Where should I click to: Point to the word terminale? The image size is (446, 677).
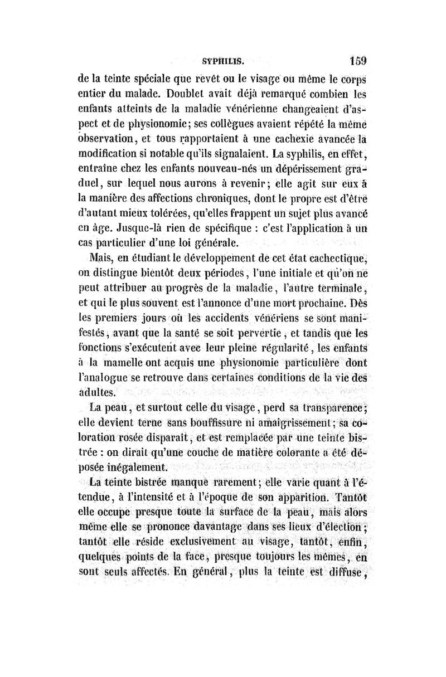343,288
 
